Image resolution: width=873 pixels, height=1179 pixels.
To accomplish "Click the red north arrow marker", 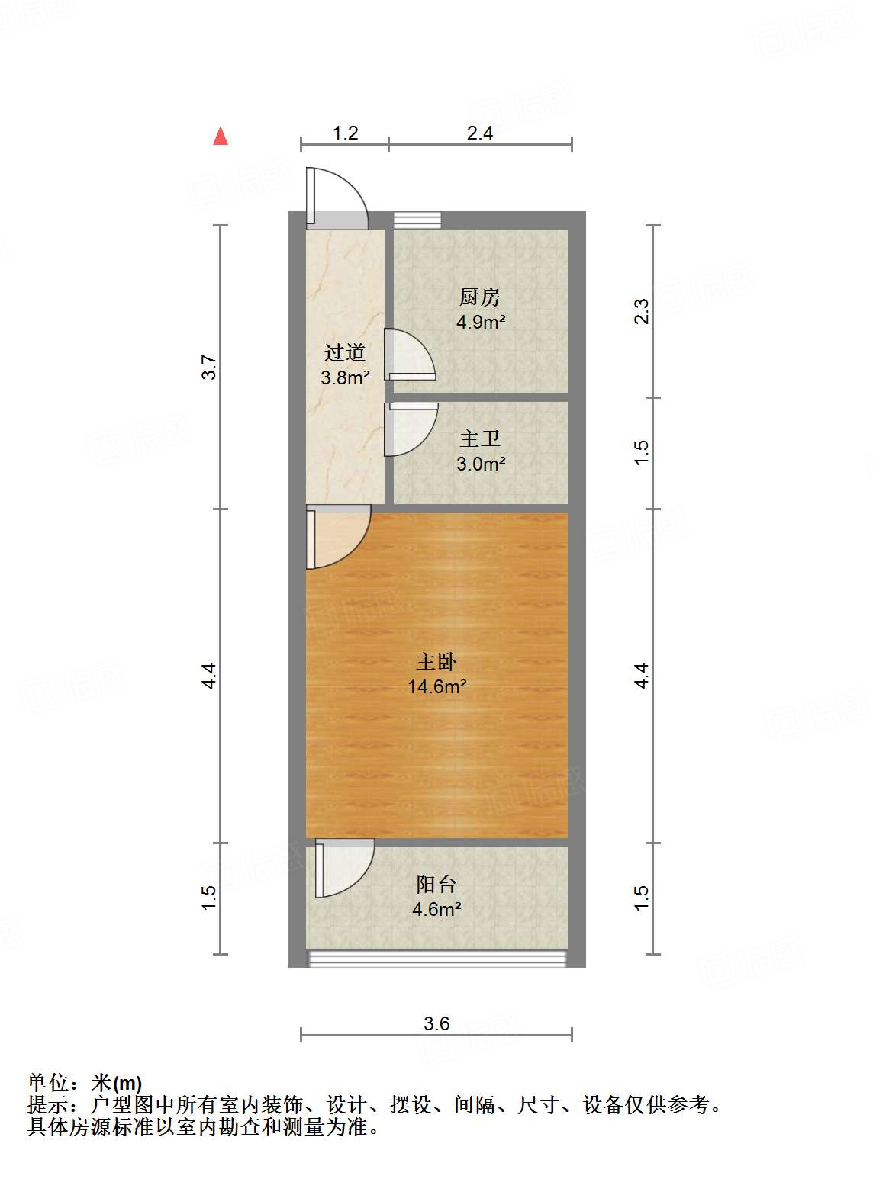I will click(x=221, y=136).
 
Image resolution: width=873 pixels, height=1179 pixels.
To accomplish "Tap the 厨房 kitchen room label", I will click(x=480, y=297).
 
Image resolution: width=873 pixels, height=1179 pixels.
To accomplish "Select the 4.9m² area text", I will click(x=481, y=322).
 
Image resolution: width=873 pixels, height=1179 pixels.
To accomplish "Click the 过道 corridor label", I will click(x=345, y=352).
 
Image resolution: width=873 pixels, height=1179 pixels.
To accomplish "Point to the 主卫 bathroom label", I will click(x=480, y=439).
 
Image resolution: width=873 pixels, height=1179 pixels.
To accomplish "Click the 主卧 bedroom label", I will click(x=436, y=661).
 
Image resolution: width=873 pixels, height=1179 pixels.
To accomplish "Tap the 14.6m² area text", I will click(x=436, y=686).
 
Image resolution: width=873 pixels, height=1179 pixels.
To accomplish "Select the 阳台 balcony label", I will click(x=436, y=884).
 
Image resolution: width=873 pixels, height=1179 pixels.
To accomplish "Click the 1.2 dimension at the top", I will click(x=345, y=133).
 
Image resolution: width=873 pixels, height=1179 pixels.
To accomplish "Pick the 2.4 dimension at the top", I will click(x=480, y=133).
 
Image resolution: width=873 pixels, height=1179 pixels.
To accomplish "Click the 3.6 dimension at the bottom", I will click(x=436, y=1023).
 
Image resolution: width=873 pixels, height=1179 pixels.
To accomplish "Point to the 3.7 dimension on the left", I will click(x=209, y=368).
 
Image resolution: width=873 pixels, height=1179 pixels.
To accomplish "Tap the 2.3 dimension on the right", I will click(x=642, y=311).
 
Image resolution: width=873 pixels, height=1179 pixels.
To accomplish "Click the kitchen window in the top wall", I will click(x=417, y=220).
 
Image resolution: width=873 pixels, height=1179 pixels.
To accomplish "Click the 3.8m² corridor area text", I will click(x=345, y=377).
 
